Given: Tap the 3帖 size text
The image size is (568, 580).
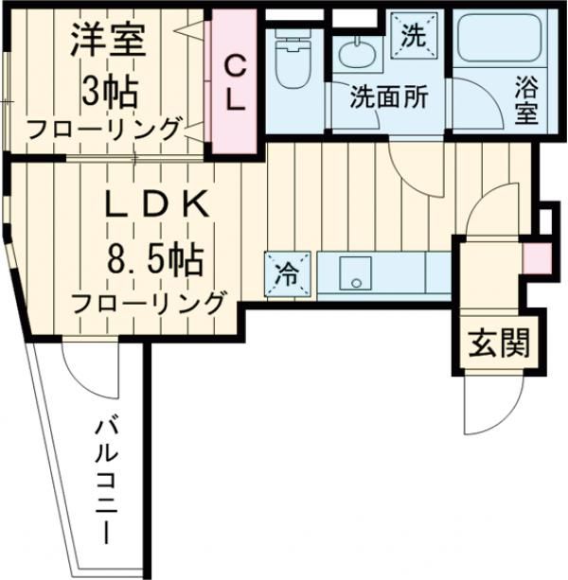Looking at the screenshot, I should (109, 91).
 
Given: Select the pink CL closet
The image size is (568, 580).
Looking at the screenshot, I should (235, 83).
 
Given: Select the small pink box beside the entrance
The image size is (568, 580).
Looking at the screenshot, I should (534, 256).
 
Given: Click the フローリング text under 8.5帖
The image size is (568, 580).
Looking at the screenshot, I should (150, 304).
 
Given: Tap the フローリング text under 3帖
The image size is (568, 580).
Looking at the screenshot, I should (104, 129).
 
